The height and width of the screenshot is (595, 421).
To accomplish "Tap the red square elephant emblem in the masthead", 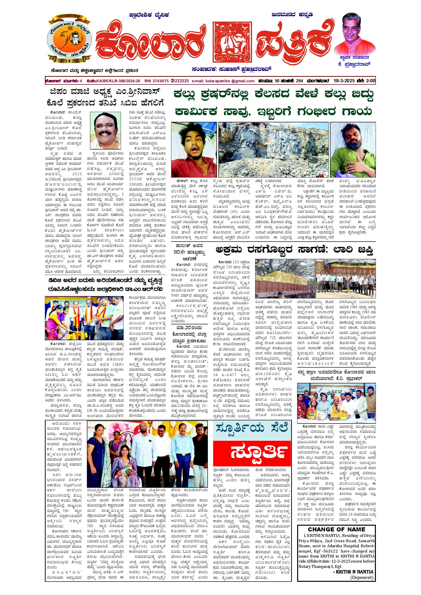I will [232, 43].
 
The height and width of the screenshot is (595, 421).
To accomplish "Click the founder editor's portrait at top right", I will [355, 33].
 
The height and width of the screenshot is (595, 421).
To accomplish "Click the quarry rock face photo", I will [273, 149].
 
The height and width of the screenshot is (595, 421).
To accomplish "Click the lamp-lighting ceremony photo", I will [84, 318].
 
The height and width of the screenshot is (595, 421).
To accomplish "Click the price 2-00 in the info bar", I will [370, 81].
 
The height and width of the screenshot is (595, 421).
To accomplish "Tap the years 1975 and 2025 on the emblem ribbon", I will [69, 60].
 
